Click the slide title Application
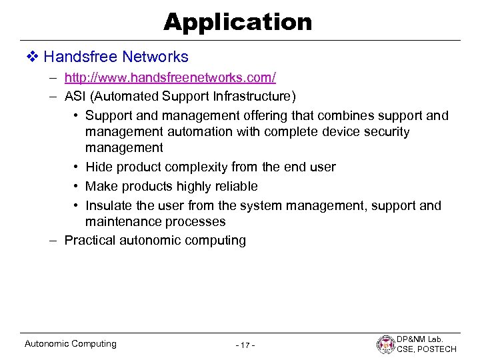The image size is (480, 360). (x=238, y=22)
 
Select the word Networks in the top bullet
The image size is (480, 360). (x=156, y=57)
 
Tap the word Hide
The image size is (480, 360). (x=99, y=167)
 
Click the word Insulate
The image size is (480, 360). (x=111, y=205)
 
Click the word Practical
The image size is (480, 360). (x=90, y=240)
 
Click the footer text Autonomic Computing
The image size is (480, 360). (x=70, y=344)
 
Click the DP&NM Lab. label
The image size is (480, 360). (x=426, y=339)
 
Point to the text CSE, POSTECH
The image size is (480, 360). (x=427, y=349)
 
